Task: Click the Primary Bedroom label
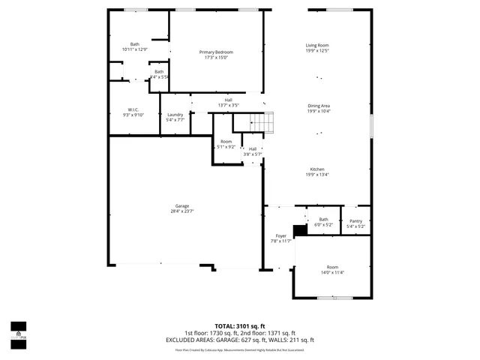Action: pyautogui.click(x=216, y=52)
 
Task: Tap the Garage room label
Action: pyautogui.click(x=182, y=205)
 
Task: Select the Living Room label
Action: pyautogui.click(x=317, y=45)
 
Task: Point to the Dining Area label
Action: pyautogui.click(x=318, y=106)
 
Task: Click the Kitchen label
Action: pyautogui.click(x=317, y=169)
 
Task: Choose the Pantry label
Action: pyautogui.click(x=355, y=220)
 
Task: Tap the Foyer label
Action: pyautogui.click(x=280, y=235)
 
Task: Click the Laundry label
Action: pyautogui.click(x=175, y=114)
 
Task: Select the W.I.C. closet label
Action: pyautogui.click(x=133, y=109)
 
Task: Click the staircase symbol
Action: pyautogui.click(x=262, y=121)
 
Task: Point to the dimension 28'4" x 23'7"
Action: pyautogui.click(x=182, y=211)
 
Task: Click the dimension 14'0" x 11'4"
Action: pyautogui.click(x=332, y=272)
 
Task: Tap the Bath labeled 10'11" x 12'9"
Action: pyautogui.click(x=135, y=44)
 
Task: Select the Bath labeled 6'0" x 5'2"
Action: pyautogui.click(x=323, y=219)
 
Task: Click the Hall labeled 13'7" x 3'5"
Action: pyautogui.click(x=228, y=100)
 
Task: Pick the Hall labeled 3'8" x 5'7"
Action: pyautogui.click(x=253, y=149)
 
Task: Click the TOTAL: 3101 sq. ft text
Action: pyautogui.click(x=239, y=325)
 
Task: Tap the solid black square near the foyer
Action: pyautogui.click(x=300, y=230)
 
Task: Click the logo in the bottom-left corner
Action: pyautogui.click(x=17, y=331)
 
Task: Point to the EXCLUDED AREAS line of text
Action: pyautogui.click(x=239, y=340)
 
